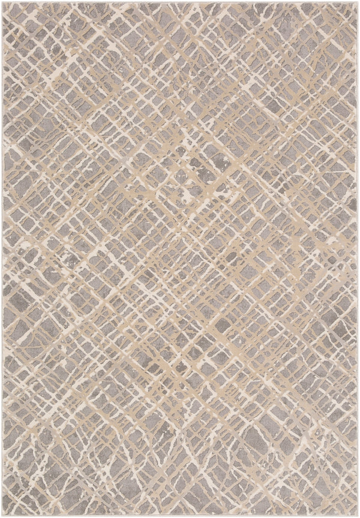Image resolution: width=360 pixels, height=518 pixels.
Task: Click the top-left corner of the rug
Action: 1,1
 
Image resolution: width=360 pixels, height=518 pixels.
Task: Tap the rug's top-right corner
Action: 358,1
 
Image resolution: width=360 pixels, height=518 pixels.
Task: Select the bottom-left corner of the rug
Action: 1,516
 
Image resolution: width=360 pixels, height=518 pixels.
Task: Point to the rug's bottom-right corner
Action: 358,516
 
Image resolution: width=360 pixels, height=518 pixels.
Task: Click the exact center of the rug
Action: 180,259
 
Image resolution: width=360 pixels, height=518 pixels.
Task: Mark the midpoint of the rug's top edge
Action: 180,1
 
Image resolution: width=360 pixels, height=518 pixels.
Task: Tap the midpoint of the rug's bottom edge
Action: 180,516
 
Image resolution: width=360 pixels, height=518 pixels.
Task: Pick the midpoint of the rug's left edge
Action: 1,259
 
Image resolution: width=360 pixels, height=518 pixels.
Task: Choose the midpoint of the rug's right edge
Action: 358,259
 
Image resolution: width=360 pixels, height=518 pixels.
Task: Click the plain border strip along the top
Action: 180,3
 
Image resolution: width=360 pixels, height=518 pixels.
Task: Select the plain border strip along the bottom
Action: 180,514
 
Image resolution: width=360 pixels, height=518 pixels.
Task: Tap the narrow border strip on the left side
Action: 3,259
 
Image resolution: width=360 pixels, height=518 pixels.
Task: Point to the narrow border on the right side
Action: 357,259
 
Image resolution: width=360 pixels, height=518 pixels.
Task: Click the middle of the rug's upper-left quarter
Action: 91,130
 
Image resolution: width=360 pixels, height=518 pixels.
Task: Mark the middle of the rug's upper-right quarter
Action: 269,130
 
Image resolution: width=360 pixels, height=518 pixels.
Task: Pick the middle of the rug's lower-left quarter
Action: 91,388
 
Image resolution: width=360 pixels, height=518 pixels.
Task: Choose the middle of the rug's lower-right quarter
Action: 269,388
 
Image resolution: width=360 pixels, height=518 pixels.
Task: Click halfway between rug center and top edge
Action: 180,130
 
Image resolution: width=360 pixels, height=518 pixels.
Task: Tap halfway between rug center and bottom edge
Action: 180,388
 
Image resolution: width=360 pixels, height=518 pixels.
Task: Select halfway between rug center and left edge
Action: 91,259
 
